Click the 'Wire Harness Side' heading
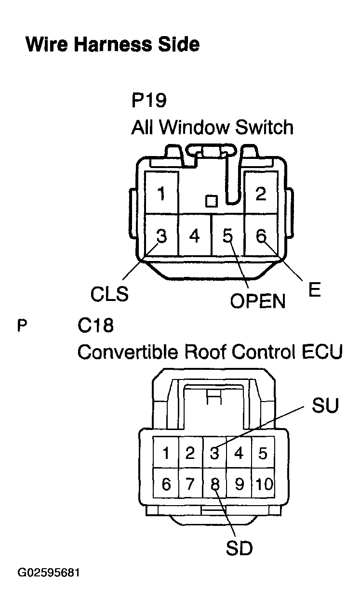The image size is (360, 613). [113, 44]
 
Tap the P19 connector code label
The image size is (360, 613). [149, 101]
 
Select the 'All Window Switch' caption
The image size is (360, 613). [213, 127]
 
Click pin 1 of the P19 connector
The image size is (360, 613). [161, 193]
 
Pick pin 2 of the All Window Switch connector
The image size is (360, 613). [261, 193]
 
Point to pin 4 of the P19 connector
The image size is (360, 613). [195, 235]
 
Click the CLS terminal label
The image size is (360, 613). [109, 294]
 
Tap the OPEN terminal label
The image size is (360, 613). [257, 301]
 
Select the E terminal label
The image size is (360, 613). [314, 289]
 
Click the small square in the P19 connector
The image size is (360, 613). [212, 201]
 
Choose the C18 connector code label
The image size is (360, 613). [95, 326]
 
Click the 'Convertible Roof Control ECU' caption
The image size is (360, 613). [210, 352]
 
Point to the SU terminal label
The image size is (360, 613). [325, 405]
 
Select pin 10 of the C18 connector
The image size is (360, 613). [264, 483]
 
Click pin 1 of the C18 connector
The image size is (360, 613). [166, 453]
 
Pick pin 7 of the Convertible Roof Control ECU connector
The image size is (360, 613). [190, 483]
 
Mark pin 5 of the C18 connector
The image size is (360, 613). [263, 453]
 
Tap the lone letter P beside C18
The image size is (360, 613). [22, 326]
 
